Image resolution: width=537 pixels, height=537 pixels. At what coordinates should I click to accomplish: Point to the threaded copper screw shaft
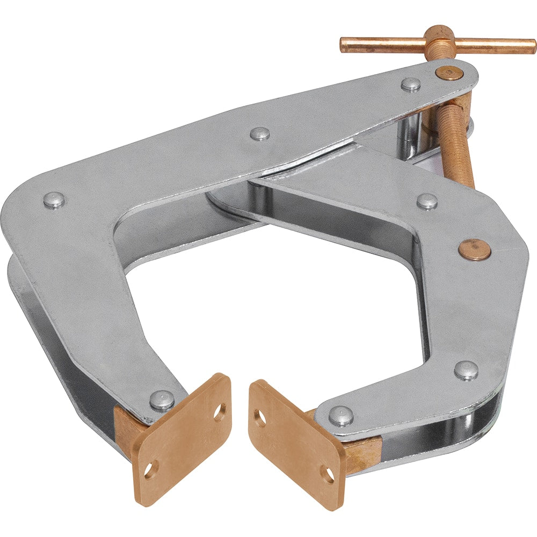point(456,145)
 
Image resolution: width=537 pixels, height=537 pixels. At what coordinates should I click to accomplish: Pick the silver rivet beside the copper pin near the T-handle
point(411,84)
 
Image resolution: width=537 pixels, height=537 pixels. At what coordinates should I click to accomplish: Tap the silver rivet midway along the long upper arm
point(260,134)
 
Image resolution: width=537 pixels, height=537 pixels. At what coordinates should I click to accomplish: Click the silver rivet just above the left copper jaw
point(162,400)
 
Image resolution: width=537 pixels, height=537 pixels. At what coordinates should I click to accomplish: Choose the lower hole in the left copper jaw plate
point(149,470)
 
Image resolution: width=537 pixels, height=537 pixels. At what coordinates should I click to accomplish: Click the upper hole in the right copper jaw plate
point(261,419)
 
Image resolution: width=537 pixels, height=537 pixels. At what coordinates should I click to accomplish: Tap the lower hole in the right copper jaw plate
point(328,474)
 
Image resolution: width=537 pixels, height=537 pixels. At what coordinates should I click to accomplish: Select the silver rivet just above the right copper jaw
point(341,416)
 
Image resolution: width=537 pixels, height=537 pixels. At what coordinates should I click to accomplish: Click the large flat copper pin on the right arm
point(474,250)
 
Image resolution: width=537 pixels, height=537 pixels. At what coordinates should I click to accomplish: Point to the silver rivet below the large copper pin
point(466,370)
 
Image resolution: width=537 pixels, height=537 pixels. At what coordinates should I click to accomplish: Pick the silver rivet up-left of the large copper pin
point(427,201)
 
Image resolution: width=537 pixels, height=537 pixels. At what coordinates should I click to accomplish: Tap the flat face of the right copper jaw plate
point(295,446)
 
